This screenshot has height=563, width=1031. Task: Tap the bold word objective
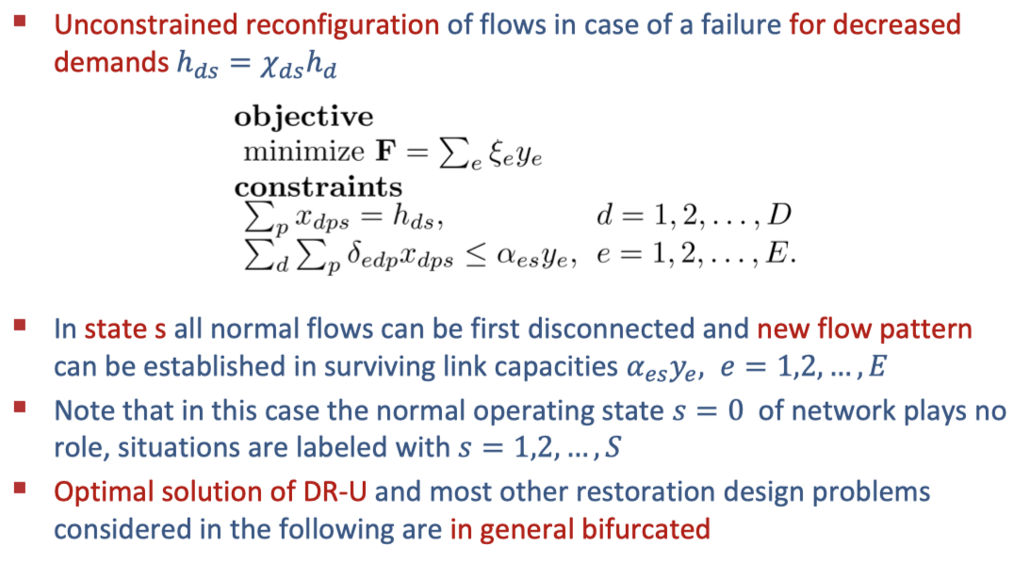(x=303, y=117)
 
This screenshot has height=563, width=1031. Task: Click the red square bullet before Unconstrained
(x=31, y=19)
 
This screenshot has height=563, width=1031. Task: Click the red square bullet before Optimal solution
(x=31, y=488)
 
